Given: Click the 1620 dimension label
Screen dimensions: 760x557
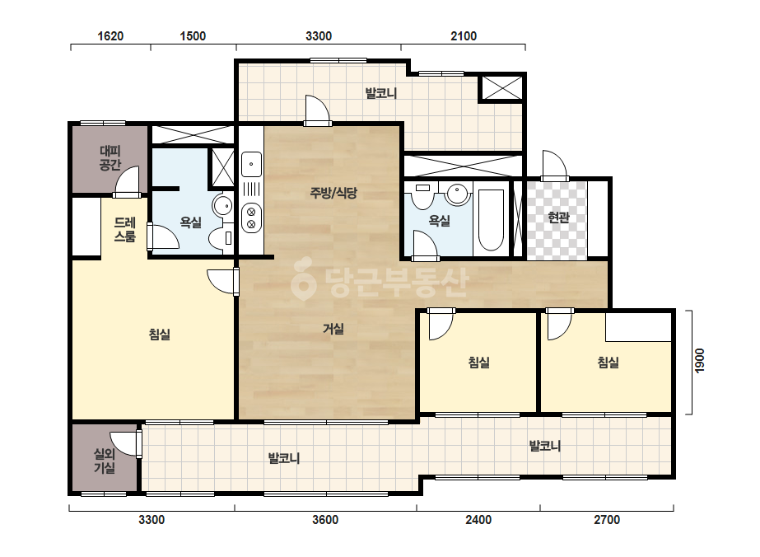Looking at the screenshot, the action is click(110, 36).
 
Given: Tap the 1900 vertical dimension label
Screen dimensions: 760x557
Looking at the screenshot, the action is click(699, 361).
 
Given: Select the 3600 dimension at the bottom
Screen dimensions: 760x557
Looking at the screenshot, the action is click(325, 520).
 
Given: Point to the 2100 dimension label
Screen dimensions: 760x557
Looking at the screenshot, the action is click(464, 36).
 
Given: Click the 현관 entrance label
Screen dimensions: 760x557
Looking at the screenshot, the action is click(558, 217).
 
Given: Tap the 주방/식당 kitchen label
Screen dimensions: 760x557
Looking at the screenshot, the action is click(333, 193).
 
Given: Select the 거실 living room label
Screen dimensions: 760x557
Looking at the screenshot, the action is click(333, 329).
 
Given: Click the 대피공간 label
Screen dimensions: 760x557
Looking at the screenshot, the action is click(110, 158).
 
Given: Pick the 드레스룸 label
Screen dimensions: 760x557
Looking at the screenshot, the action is click(124, 230).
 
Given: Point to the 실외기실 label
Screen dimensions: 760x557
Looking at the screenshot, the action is click(105, 461).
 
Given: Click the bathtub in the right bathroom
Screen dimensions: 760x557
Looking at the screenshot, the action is click(491, 220).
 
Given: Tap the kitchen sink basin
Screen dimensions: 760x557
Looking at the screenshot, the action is click(251, 164).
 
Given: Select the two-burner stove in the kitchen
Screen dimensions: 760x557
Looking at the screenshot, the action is click(251, 218).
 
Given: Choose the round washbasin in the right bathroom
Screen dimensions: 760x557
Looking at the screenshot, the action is click(458, 194).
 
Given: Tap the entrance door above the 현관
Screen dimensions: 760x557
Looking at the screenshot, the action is click(554, 165).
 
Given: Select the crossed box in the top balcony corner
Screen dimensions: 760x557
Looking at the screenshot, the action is click(501, 88).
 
